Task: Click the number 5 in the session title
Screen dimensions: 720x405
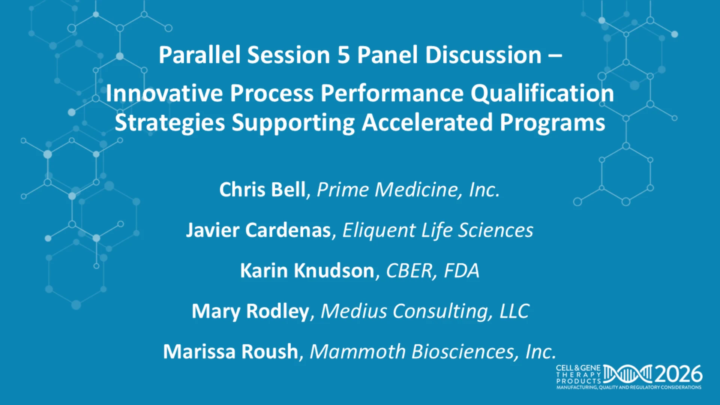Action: (343, 55)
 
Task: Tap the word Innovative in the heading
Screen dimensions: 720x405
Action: (164, 93)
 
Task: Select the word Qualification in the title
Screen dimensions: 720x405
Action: (542, 94)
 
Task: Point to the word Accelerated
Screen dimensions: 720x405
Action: (427, 123)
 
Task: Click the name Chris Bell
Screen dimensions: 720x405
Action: (262, 189)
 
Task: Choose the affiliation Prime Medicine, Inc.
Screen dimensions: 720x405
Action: (408, 189)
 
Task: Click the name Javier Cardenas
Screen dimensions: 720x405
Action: (259, 230)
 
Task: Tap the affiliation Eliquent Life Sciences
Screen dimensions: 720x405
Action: (438, 230)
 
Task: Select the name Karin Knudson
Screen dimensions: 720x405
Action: (307, 270)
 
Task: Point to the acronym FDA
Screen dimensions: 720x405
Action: (462, 270)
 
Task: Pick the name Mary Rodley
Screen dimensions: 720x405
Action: (250, 311)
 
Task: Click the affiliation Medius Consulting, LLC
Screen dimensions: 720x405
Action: (425, 311)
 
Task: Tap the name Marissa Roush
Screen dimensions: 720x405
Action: (231, 351)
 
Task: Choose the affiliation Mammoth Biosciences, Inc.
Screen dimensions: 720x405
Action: (433, 351)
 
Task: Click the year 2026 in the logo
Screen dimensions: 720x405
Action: (679, 374)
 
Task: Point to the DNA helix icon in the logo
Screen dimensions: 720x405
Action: (628, 374)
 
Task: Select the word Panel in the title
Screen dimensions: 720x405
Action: (387, 55)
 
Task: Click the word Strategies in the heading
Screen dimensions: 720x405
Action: (170, 123)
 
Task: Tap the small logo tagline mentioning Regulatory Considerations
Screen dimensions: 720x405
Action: (629, 387)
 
